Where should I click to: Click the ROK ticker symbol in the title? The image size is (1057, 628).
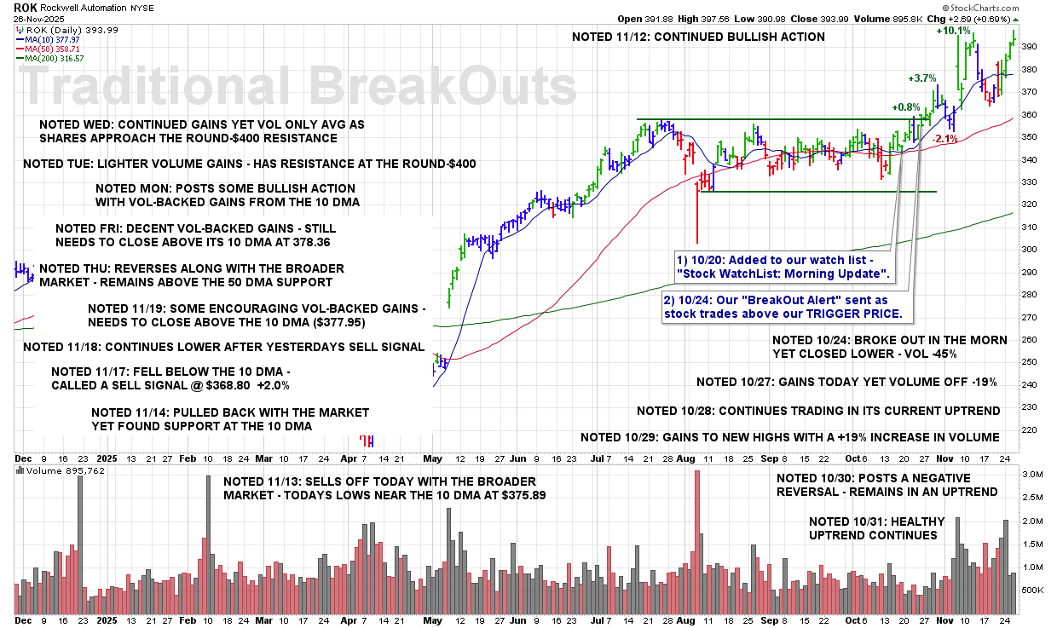(25, 7)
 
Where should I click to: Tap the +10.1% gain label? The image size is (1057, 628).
(953, 31)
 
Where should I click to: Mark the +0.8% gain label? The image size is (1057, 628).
(905, 108)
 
